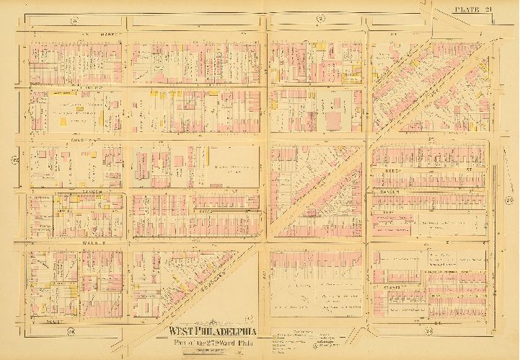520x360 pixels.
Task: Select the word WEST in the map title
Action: click(180, 332)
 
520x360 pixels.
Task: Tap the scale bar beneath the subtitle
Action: click(209, 348)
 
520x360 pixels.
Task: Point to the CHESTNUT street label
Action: click(69, 141)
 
